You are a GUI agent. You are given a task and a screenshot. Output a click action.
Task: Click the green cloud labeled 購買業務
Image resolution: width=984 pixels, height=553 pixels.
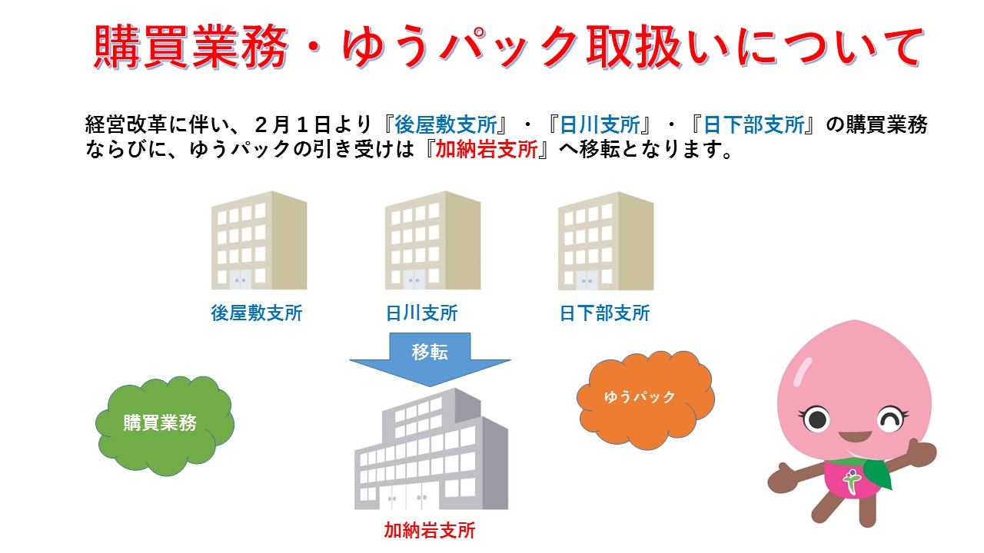[165, 426]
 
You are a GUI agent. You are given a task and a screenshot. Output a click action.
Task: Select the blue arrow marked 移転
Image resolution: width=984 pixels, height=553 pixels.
[430, 359]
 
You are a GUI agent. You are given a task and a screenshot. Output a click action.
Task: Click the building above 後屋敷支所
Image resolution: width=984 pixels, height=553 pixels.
[259, 240]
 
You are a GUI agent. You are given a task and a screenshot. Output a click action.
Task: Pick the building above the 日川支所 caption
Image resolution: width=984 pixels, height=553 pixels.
[433, 240]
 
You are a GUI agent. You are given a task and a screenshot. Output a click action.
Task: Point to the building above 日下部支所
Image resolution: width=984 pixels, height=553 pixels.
[606, 241]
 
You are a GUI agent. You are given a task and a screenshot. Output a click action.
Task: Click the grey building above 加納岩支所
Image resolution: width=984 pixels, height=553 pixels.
[431, 449]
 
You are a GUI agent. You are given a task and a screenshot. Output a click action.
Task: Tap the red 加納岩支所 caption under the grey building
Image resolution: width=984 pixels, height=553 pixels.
[429, 530]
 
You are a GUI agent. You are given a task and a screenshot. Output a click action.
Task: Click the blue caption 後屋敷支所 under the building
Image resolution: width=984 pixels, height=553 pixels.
[257, 313]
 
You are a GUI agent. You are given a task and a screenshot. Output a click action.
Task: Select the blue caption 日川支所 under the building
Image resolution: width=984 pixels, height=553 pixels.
[422, 313]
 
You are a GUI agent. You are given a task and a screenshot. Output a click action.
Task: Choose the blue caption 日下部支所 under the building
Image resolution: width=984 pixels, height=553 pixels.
[604, 313]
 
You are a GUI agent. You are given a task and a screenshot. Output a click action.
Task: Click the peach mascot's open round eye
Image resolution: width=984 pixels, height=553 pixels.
[816, 419]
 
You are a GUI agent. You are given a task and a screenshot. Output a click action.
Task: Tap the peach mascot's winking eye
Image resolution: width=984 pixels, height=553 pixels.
[890, 419]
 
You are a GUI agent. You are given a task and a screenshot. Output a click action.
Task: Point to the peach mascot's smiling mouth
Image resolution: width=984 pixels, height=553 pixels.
[854, 437]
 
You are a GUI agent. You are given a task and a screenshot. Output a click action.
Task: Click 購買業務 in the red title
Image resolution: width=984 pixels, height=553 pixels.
[191, 47]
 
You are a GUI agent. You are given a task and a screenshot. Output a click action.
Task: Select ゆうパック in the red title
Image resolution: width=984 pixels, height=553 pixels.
[460, 47]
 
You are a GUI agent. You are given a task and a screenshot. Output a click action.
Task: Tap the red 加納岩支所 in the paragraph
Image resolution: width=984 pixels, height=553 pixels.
[487, 149]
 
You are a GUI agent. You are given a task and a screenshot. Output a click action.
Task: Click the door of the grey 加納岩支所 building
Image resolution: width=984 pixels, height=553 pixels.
[407, 496]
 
